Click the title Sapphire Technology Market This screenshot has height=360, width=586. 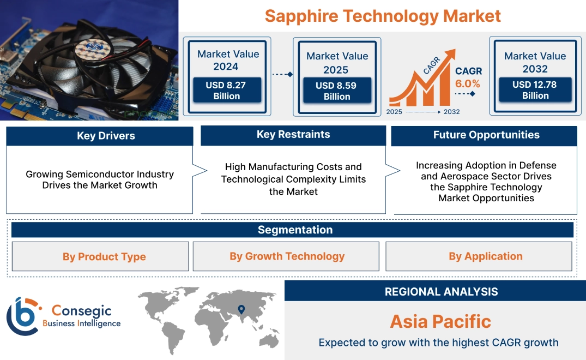(383, 16)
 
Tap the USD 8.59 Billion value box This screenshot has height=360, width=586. (337, 91)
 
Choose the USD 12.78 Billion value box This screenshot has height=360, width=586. (535, 90)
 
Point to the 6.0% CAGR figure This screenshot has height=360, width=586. (468, 83)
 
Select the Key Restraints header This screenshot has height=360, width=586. (293, 135)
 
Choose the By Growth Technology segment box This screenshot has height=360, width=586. (287, 256)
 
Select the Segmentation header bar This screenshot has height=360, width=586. (295, 230)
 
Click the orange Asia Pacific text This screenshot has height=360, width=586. (440, 321)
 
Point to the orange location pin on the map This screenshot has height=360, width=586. (240, 310)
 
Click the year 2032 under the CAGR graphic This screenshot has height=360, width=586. (451, 112)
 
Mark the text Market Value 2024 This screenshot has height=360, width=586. (228, 60)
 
